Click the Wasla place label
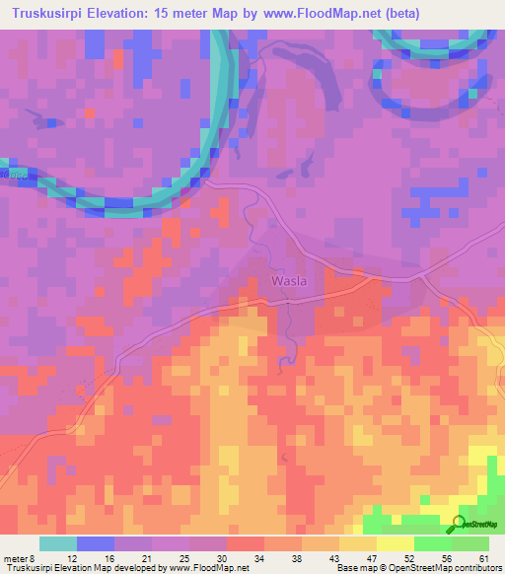[x=288, y=280]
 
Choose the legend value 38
[x=299, y=558]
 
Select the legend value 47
[x=374, y=558]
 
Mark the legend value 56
[x=448, y=558]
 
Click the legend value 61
[x=483, y=558]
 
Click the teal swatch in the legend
[x=58, y=543]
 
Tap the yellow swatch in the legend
[x=395, y=543]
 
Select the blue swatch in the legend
[x=96, y=543]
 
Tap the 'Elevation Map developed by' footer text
[x=109, y=568]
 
